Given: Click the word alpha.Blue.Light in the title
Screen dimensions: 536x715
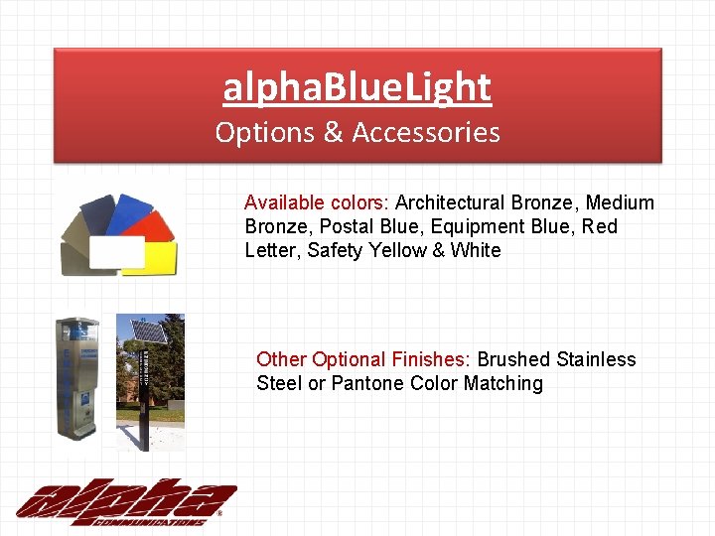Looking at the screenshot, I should coord(357,87).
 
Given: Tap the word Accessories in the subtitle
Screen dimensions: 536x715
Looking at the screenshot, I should coord(426,132).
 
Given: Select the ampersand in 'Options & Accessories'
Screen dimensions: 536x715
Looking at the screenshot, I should coord(333,132).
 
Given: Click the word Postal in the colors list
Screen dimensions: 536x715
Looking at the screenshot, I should coord(346,226).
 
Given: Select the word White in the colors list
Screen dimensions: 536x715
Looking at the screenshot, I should coord(476,250).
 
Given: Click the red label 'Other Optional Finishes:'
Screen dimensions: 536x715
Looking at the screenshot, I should coord(365,359).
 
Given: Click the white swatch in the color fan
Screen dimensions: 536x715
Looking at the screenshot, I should coord(117,253).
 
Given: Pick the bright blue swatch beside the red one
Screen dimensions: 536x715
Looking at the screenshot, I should coord(128,211).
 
